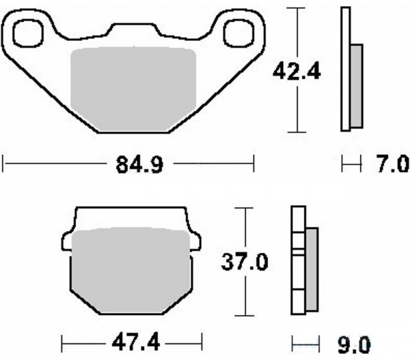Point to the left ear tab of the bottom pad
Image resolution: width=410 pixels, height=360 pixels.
[x=67, y=240]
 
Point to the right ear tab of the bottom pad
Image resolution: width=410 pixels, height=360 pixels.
[x=195, y=240]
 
